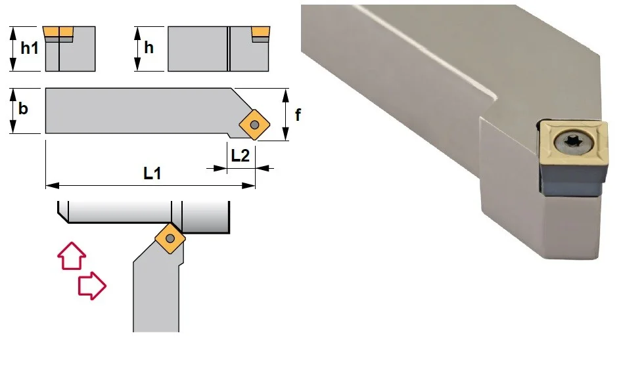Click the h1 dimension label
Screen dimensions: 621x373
30,48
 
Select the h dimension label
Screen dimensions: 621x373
149,47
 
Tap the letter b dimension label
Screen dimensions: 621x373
23,108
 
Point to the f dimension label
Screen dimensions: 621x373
298,114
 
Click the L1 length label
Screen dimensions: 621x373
152,173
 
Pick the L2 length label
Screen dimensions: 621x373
240,156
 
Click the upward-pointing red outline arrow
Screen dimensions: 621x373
72,256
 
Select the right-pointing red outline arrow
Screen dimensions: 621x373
92,286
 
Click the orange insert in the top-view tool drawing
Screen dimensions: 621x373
254,125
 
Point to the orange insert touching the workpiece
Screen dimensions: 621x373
170,238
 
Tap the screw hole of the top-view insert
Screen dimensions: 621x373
255,125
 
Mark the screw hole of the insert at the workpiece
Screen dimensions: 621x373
170,238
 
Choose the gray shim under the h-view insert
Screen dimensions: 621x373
261,39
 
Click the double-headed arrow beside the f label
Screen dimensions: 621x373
286,114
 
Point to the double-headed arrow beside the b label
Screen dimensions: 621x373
13,111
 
